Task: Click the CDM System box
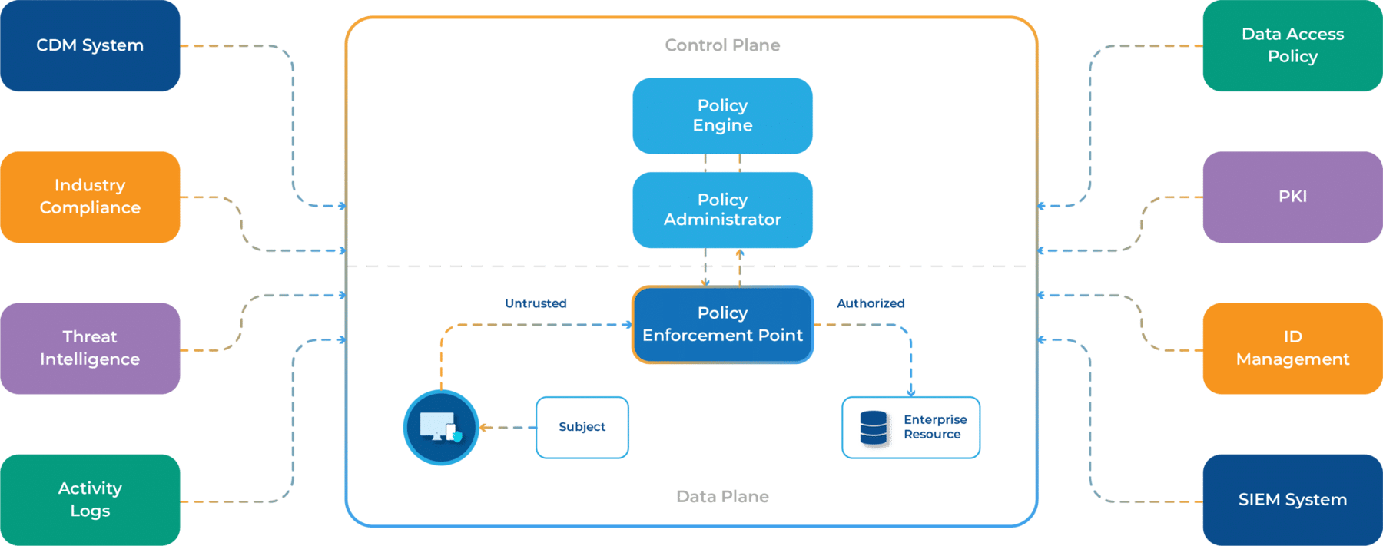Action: [x=90, y=45]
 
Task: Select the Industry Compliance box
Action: [x=90, y=197]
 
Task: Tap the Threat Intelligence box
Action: [x=90, y=348]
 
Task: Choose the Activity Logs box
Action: [x=90, y=499]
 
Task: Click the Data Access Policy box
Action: [x=1292, y=45]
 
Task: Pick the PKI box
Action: [x=1292, y=197]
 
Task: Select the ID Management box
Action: [x=1292, y=348]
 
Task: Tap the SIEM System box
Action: [x=1292, y=499]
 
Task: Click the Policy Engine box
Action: [x=722, y=115]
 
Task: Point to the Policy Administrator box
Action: [x=722, y=210]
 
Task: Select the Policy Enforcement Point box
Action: [x=722, y=324]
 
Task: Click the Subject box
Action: [x=582, y=427]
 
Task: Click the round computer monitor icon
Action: [x=441, y=428]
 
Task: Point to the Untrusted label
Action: [x=536, y=303]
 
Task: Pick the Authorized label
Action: [x=871, y=303]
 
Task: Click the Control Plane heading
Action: [x=722, y=45]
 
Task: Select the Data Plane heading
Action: [x=722, y=497]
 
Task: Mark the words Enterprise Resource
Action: [x=935, y=427]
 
